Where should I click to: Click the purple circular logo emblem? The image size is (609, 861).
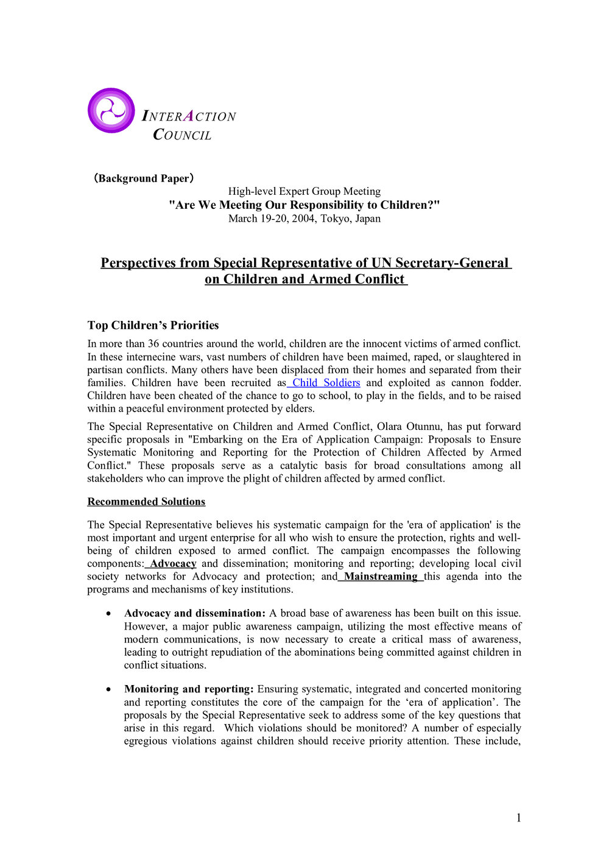tap(111, 111)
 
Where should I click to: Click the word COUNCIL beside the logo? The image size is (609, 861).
tap(182, 135)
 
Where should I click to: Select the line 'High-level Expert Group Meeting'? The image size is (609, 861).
tap(304, 191)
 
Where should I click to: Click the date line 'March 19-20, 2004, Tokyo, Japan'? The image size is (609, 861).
tap(304, 219)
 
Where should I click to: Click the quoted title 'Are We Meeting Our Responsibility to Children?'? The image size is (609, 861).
tap(304, 205)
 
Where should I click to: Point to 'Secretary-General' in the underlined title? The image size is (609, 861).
tap(451, 263)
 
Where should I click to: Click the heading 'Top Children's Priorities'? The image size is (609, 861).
tap(153, 325)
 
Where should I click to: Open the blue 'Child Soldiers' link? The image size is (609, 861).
tap(326, 382)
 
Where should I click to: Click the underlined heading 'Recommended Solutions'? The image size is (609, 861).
tap(146, 502)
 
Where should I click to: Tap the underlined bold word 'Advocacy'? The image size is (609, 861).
tap(173, 563)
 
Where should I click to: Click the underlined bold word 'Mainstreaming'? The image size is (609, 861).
tap(381, 576)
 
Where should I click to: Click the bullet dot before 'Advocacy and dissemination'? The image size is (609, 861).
tap(108, 614)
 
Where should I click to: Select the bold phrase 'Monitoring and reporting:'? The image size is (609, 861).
tap(189, 689)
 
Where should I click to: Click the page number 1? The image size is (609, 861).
tap(518, 818)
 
